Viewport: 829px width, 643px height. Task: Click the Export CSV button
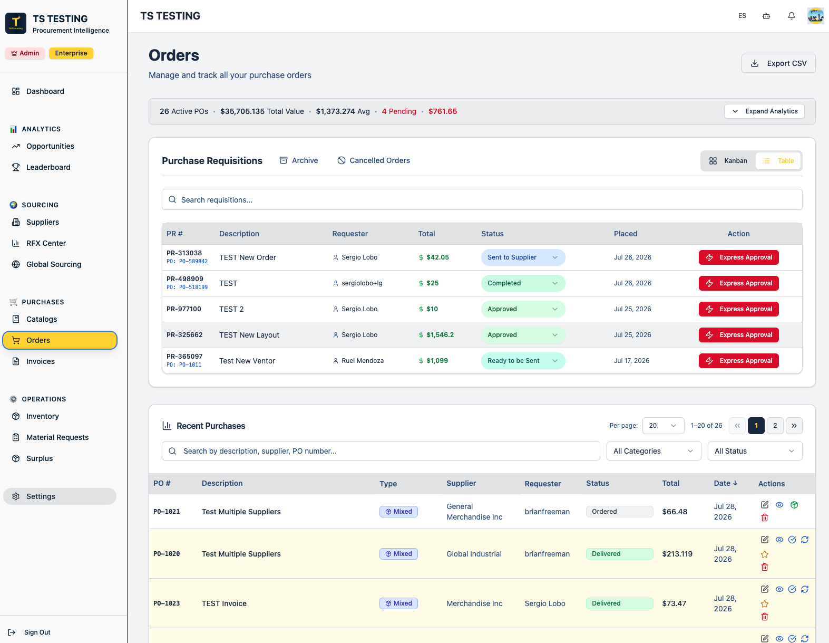pyautogui.click(x=778, y=63)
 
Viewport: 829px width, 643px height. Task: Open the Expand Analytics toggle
pyautogui.click(x=764, y=111)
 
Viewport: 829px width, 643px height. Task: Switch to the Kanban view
pyautogui.click(x=728, y=161)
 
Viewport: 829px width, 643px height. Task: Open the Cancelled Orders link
pyautogui.click(x=374, y=160)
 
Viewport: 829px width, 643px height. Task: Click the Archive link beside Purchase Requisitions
pyautogui.click(x=299, y=160)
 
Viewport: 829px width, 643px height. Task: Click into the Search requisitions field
pyautogui.click(x=482, y=200)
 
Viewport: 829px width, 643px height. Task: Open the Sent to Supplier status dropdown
pyautogui.click(x=523, y=257)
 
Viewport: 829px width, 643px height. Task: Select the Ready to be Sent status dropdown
pyautogui.click(x=523, y=361)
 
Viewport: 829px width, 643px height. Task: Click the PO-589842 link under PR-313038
pyautogui.click(x=187, y=262)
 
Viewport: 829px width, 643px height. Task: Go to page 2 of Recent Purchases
pyautogui.click(x=775, y=425)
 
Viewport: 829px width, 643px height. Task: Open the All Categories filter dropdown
pyautogui.click(x=654, y=451)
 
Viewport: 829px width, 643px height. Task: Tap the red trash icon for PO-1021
pyautogui.click(x=765, y=518)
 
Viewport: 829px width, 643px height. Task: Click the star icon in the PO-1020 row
pyautogui.click(x=765, y=554)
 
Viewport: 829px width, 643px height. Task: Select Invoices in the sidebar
pyautogui.click(x=41, y=361)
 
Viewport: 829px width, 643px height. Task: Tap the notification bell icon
pyautogui.click(x=792, y=16)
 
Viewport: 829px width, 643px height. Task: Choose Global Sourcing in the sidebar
pyautogui.click(x=54, y=264)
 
